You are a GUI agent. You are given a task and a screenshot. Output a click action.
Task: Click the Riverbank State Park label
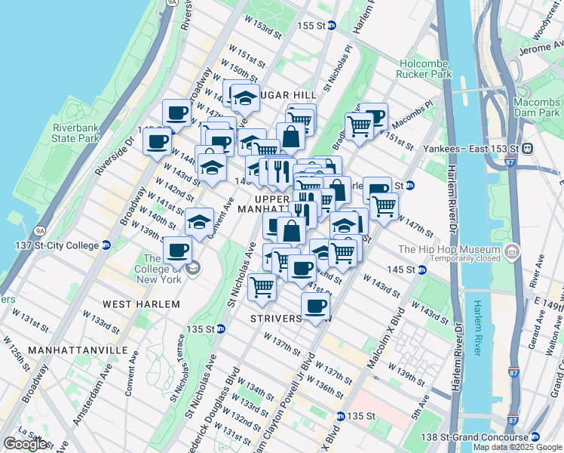point(76,133)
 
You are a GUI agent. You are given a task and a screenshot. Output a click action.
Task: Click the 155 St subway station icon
point(333,26)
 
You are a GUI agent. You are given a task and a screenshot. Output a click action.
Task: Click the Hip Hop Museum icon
point(512,250)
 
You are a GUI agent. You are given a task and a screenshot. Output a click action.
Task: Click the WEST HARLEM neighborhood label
point(141,304)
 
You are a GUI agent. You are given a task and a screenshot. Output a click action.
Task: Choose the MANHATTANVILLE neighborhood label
point(67,351)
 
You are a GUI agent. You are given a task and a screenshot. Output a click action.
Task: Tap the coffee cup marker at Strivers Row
point(315,306)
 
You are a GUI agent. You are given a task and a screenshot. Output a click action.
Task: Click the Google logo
point(26,444)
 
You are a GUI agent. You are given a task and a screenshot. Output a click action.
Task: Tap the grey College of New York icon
point(194,267)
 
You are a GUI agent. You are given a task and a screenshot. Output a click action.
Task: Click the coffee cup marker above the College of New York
point(177,249)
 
